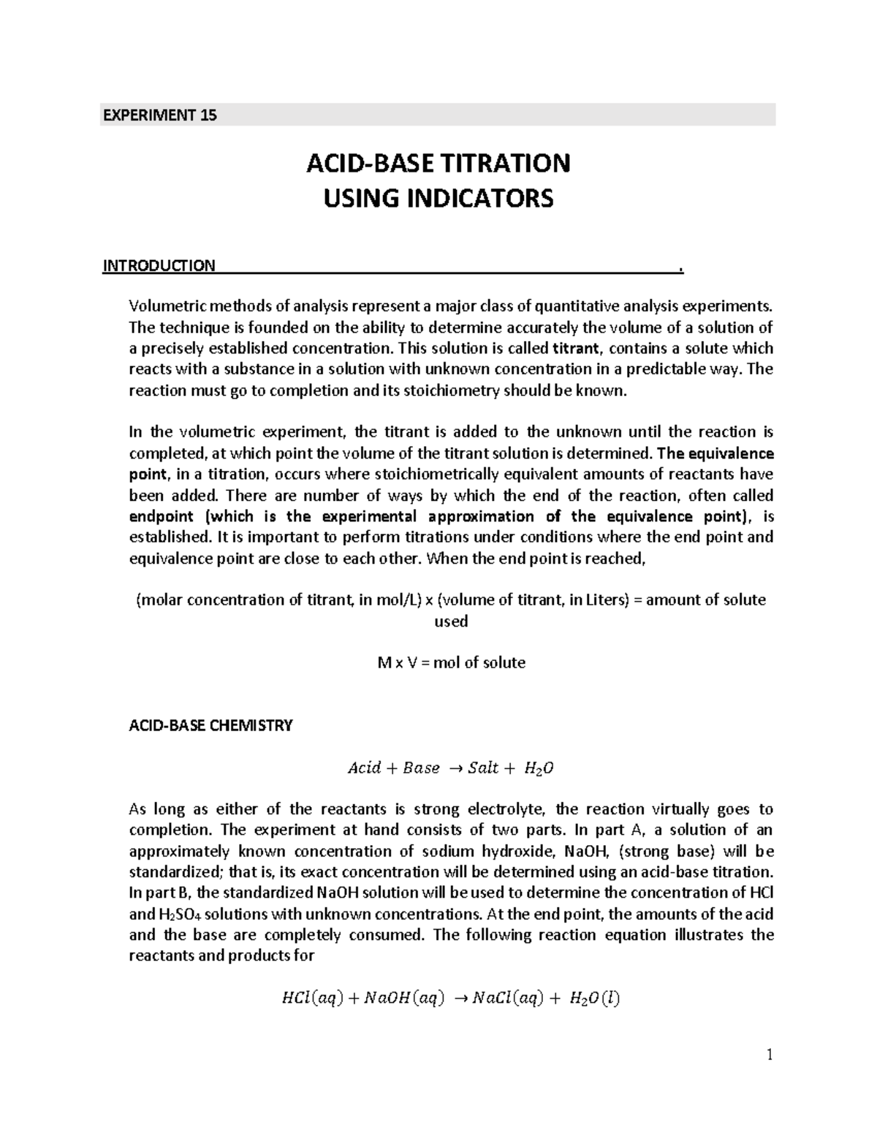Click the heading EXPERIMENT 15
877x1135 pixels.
[x=159, y=115]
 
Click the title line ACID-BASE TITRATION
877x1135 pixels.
[x=438, y=163]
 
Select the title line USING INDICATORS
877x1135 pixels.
[x=438, y=198]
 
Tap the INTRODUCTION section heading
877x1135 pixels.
[x=159, y=265]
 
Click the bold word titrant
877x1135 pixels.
[x=574, y=348]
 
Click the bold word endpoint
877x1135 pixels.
[x=162, y=516]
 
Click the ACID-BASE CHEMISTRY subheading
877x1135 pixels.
[x=210, y=725]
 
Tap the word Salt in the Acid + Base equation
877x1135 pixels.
[x=483, y=768]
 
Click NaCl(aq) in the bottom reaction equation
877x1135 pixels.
[x=508, y=998]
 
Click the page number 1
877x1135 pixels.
[x=769, y=1055]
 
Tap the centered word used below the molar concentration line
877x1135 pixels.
[x=451, y=621]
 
